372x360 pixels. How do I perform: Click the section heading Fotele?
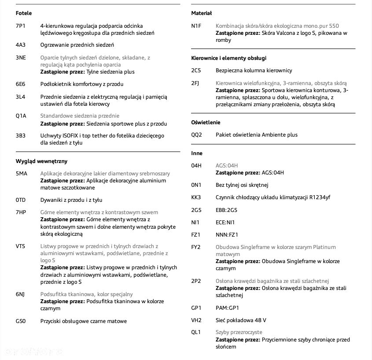point(24,13)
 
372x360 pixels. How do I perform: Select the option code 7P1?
point(21,26)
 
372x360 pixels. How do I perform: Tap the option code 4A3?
point(21,45)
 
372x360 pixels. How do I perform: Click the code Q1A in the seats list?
point(21,116)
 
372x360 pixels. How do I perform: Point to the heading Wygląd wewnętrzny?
point(41,161)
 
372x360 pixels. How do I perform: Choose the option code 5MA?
point(22,174)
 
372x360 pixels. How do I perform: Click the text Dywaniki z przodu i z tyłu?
point(71,200)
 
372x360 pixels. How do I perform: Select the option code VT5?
point(21,246)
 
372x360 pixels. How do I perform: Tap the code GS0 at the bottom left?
point(21,321)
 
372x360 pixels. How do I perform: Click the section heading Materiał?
point(202,13)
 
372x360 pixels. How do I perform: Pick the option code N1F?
point(196,26)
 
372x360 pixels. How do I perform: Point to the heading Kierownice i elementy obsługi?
point(229,58)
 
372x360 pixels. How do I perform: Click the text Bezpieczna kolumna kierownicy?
point(254,71)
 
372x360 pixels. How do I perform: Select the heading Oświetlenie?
point(206,122)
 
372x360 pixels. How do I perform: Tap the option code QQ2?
point(196,135)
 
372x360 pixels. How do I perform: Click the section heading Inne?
point(197,153)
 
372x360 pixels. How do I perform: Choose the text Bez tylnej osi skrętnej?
point(242,185)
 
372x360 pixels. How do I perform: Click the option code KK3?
point(196,197)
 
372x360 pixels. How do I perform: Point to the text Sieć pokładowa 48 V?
point(241,320)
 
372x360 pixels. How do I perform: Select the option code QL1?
point(196,332)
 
